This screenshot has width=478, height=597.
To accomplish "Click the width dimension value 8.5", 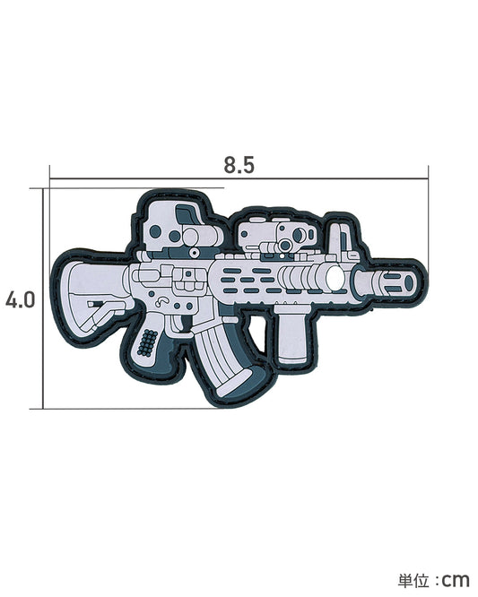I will click(239, 165).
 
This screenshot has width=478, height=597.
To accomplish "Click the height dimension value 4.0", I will click(20, 298).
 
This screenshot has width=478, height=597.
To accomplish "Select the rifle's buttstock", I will click(92, 296).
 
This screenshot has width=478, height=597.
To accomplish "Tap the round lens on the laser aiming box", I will click(284, 241).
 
